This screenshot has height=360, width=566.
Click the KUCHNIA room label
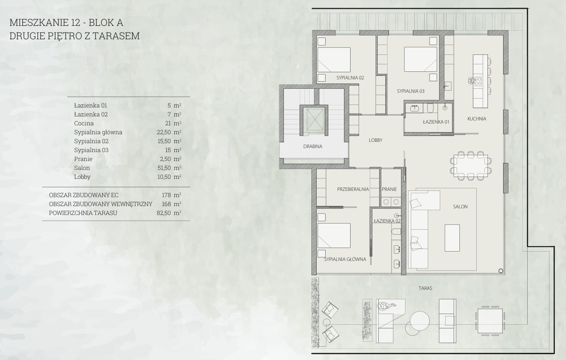tap(476, 119)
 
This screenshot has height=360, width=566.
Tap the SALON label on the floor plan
tap(460, 207)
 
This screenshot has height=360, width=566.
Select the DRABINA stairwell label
tap(313, 146)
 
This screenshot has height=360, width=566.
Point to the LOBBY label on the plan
tap(376, 140)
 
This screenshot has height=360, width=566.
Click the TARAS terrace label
tap(425, 288)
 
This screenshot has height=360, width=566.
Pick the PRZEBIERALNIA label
tap(353, 189)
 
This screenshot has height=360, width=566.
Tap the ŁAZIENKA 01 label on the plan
tap(436, 122)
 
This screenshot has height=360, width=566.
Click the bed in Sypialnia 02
tap(334, 60)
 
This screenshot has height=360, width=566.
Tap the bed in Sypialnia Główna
tap(334, 236)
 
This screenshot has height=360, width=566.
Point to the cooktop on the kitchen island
tap(478, 81)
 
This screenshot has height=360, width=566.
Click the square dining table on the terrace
tap(490, 321)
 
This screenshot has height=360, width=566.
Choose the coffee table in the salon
tap(452, 238)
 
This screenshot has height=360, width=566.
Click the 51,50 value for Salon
tap(164, 168)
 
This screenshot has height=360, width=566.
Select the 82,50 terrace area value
tap(164, 213)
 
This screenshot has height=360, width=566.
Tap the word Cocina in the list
tap(84, 124)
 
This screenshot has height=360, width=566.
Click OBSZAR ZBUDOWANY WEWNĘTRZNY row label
tap(100, 204)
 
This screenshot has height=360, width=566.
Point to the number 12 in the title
tap(74, 22)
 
